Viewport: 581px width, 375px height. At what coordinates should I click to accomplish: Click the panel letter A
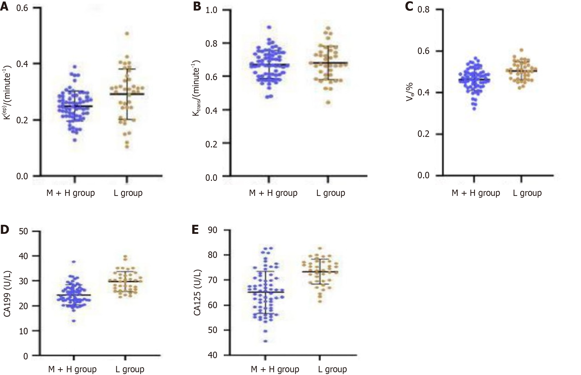tap(4, 7)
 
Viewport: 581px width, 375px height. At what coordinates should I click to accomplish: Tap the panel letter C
tap(409, 7)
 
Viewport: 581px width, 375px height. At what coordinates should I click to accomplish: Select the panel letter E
tap(195, 229)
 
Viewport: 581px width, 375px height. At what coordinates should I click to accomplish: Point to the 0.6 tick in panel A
tap(22, 8)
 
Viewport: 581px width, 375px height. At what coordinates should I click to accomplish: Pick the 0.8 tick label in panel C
tap(423, 10)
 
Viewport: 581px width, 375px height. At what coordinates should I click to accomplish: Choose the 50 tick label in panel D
tap(23, 231)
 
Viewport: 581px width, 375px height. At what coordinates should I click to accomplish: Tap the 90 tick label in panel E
tap(213, 230)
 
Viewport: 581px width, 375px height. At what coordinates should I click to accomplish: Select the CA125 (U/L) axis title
tap(197, 293)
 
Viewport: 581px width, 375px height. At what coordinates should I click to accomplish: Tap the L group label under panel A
tap(128, 193)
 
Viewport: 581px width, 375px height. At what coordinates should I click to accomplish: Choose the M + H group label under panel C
tap(476, 193)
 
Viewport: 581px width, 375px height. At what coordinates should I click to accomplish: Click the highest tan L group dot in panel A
tap(127, 33)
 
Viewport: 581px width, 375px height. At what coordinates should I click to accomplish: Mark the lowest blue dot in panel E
tap(265, 341)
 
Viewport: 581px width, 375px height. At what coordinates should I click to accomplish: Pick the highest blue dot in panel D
tap(74, 262)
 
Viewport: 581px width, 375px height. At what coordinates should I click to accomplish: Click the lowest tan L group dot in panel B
tap(328, 102)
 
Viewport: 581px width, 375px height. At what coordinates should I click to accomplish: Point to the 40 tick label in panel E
tap(213, 355)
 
